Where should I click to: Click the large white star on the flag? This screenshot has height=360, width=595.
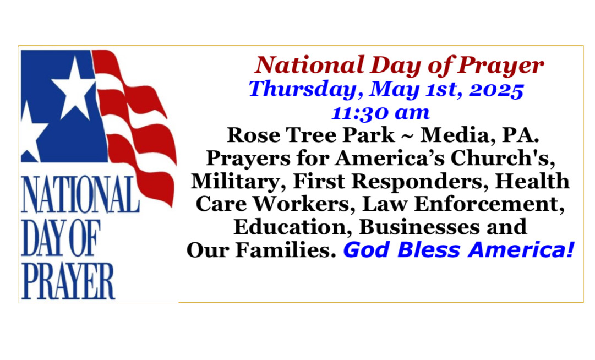(x=74, y=89)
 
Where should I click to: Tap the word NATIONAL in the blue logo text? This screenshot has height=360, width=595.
(x=80, y=194)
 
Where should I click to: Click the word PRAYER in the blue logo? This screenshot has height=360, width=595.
(x=68, y=281)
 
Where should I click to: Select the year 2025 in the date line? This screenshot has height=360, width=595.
(x=496, y=90)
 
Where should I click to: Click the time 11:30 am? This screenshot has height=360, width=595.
(x=380, y=113)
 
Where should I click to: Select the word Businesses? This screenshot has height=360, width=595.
(x=419, y=227)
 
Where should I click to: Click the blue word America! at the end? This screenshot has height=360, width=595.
(x=521, y=250)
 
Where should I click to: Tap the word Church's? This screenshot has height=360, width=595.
(x=503, y=158)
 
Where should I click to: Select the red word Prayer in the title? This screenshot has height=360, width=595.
(x=500, y=66)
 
